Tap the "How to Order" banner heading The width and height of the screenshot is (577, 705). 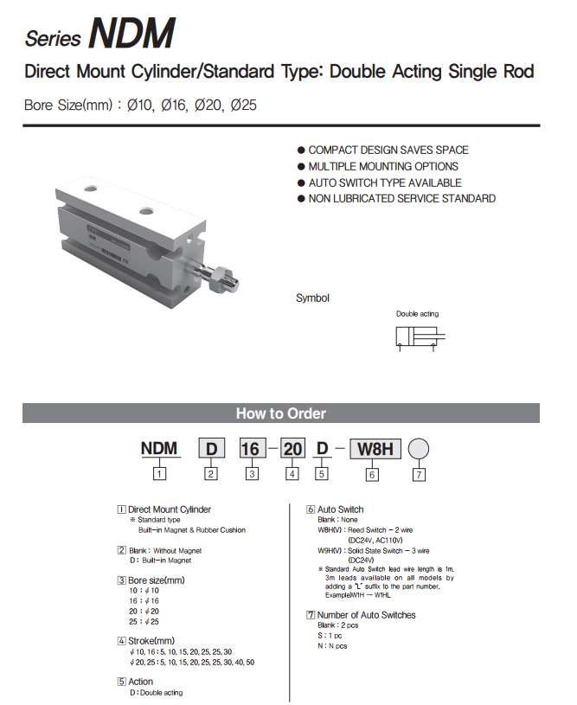pos(281,413)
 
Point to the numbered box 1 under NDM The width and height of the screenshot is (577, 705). pos(159,473)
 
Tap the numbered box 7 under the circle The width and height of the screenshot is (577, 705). pos(418,474)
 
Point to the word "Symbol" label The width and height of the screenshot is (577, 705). pos(312,298)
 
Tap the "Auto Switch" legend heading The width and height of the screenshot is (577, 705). pos(340,510)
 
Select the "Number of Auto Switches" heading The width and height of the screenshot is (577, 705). pos(366,615)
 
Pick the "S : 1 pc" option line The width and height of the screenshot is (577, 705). pos(332,635)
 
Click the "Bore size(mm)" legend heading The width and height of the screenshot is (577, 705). pos(156,580)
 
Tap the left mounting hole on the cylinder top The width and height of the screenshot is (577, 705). pos(92,186)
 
